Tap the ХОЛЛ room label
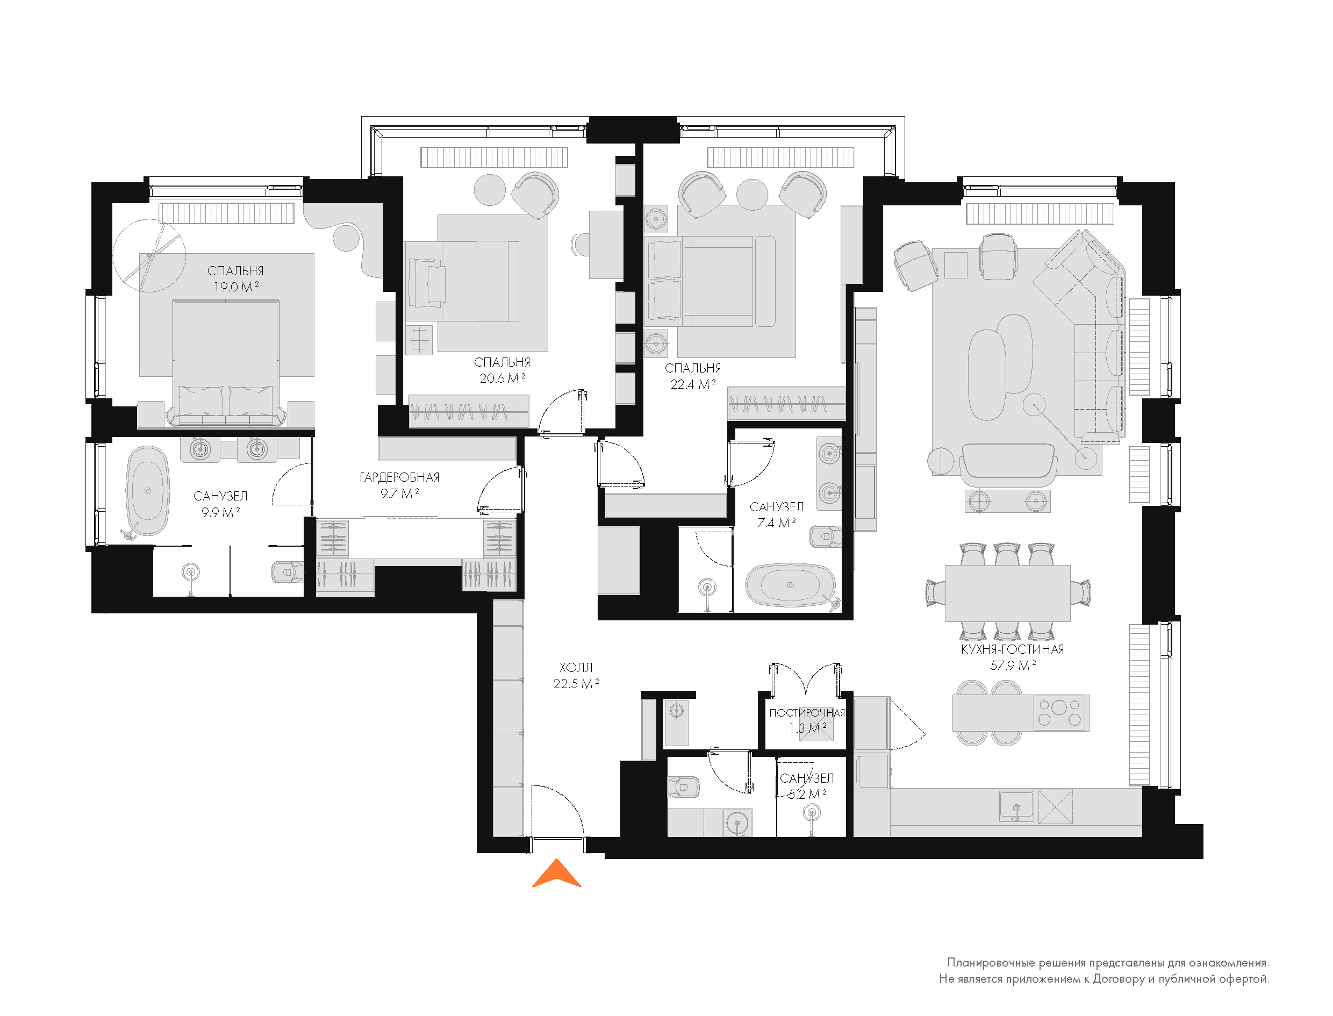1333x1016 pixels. click(576, 668)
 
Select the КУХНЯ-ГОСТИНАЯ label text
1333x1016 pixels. click(1013, 649)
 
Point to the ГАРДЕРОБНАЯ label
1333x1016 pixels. click(399, 478)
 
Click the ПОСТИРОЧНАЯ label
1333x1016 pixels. click(807, 713)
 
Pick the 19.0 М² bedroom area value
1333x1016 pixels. click(236, 287)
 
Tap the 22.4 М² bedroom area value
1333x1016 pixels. click(693, 384)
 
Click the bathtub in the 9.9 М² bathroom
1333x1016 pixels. click(147, 491)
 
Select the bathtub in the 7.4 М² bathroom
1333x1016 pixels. click(790, 585)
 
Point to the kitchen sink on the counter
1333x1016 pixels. click(1016, 807)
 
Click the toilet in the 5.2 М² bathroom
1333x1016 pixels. click(683, 788)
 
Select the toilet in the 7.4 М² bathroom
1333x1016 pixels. click(825, 536)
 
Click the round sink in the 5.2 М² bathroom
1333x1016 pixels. click(737, 823)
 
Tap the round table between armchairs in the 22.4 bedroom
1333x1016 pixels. click(752, 195)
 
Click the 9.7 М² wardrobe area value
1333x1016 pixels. click(399, 493)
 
